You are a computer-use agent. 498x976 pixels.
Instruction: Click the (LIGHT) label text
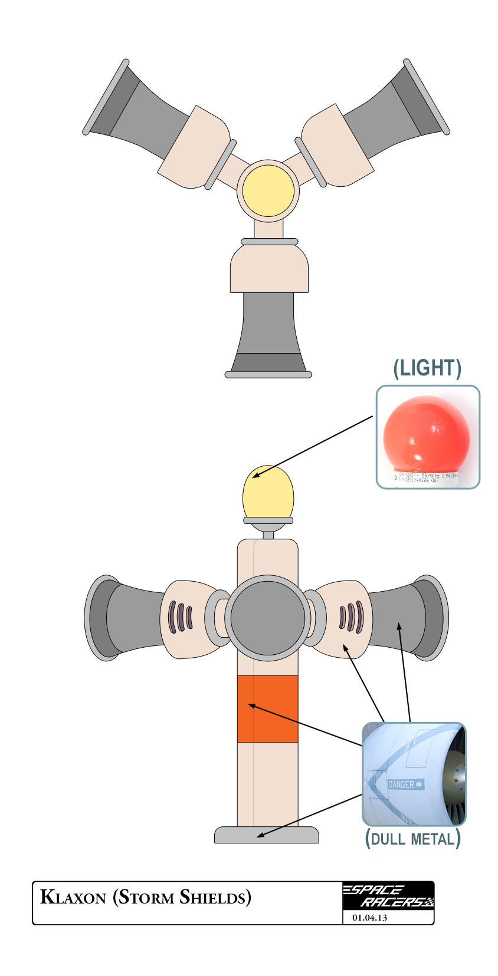(427, 368)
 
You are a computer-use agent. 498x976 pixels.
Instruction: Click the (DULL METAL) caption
(413, 838)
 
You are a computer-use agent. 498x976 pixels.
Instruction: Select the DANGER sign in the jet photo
(405, 784)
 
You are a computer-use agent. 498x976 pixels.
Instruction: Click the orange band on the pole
(267, 708)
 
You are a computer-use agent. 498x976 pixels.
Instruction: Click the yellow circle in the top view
(268, 191)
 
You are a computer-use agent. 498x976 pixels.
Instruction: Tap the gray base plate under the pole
(266, 835)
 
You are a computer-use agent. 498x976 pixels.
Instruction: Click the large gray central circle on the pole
(268, 618)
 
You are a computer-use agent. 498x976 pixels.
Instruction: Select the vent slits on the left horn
(181, 617)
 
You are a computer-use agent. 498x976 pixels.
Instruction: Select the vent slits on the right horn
(352, 617)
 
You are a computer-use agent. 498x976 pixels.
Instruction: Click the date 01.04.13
(369, 918)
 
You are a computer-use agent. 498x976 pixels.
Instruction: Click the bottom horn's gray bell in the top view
(268, 330)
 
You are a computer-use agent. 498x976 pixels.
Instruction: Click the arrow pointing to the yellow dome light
(313, 446)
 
